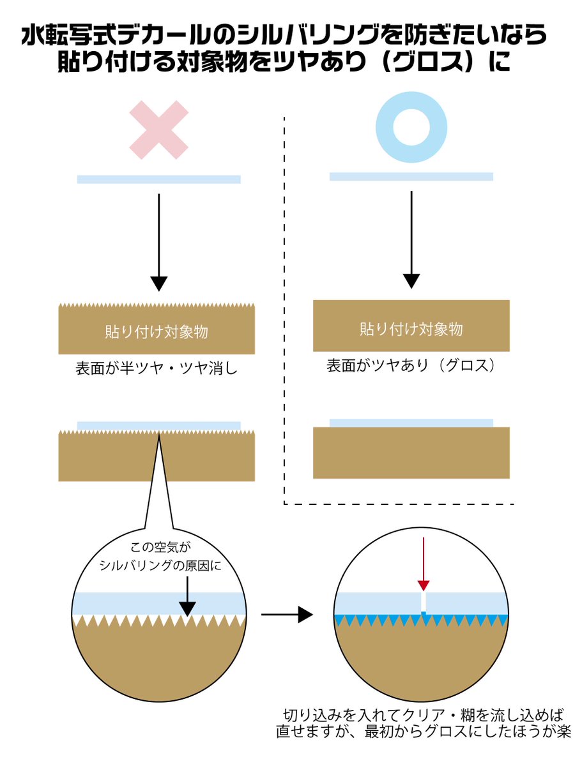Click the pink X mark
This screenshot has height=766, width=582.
pos(158,130)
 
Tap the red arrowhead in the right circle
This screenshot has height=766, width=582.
pos(423,585)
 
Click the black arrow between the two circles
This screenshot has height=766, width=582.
pos(287,615)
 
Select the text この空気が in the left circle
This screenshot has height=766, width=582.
pos(160,547)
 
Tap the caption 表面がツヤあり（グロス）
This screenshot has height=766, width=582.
pos(411,366)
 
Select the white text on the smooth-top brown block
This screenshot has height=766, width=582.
pos(411,329)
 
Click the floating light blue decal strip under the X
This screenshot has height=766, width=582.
pos(158,179)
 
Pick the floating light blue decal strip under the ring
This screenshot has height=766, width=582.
pos(411,176)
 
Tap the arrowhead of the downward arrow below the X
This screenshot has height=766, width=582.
pos(158,283)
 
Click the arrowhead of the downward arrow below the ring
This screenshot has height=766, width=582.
pos(411,280)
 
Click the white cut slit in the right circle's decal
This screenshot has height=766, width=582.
pos(423,602)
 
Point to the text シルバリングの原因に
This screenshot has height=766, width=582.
pos(160,564)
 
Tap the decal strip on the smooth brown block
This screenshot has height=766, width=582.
pos(411,423)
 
